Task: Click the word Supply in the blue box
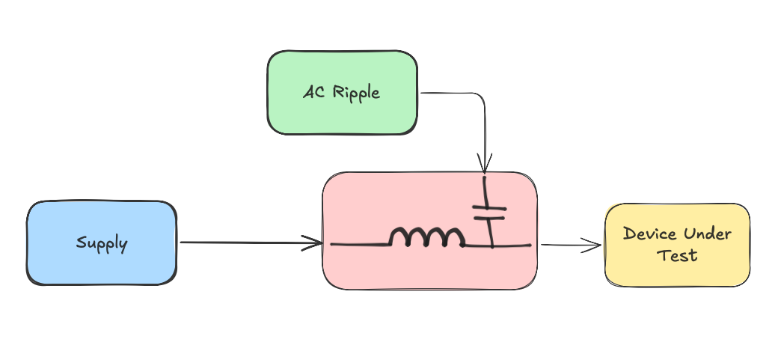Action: [x=102, y=243]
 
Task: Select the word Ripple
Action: [x=356, y=93]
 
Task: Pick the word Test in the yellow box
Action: [x=677, y=255]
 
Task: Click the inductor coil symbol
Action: [x=426, y=238]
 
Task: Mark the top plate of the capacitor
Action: [x=490, y=207]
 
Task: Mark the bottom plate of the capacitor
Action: [x=490, y=217]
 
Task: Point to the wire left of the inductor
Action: [x=359, y=244]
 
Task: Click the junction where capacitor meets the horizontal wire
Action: [x=491, y=245]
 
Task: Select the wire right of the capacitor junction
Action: [x=512, y=245]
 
